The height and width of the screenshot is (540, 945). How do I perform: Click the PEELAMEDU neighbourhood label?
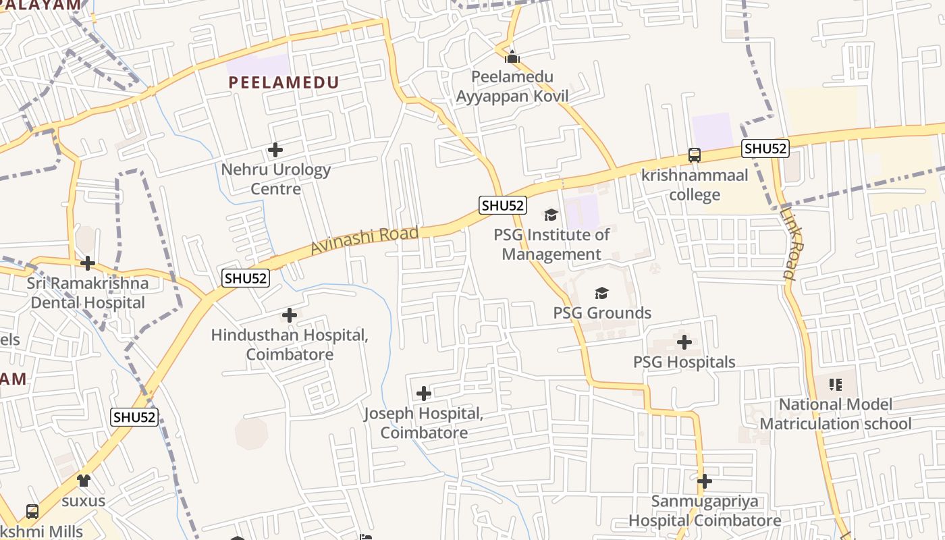tap(283, 82)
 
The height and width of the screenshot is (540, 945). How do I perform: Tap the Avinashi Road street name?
tap(364, 241)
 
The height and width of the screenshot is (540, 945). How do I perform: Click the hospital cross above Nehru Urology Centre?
tap(275, 149)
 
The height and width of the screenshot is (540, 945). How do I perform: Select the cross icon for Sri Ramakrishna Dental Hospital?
tap(88, 263)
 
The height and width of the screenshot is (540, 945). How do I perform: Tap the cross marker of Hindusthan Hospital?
tap(290, 315)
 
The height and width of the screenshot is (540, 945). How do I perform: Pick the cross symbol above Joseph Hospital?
tap(424, 394)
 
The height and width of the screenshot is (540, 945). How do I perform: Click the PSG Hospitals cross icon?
tap(684, 342)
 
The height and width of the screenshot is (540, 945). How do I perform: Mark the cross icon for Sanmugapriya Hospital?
tap(705, 481)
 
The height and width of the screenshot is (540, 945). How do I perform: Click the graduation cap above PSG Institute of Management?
tap(551, 215)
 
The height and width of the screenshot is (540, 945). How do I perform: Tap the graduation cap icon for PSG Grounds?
tap(601, 293)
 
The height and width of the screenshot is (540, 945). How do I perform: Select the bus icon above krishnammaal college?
tap(695, 155)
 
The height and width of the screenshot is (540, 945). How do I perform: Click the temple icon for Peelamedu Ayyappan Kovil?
tap(512, 57)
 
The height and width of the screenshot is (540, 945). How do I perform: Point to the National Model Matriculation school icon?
tap(836, 385)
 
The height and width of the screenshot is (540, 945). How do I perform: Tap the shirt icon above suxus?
tap(84, 481)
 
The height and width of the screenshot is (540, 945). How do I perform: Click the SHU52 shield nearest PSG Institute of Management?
tap(503, 206)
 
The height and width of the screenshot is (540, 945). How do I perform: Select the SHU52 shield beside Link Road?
tap(765, 148)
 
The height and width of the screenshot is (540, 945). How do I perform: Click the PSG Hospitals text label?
tap(684, 362)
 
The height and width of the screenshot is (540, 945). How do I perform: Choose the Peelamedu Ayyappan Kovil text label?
tap(512, 86)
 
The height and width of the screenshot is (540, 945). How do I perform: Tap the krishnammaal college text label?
tap(695, 185)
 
